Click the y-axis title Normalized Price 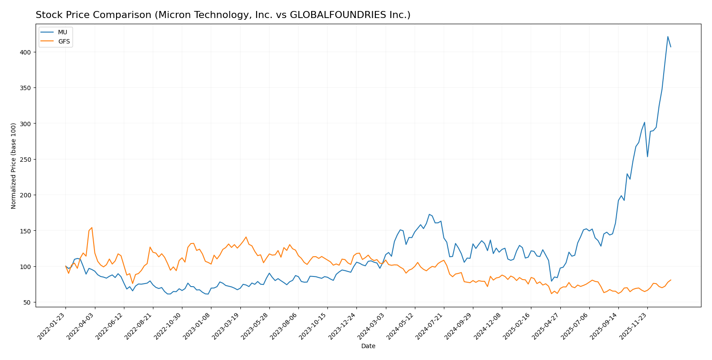point(14,166)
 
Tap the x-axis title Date point(368,346)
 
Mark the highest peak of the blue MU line point(668,36)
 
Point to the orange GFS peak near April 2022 point(91,228)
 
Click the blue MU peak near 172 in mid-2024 point(429,215)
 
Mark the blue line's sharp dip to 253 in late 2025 point(647,157)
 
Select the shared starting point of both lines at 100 point(65,266)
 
